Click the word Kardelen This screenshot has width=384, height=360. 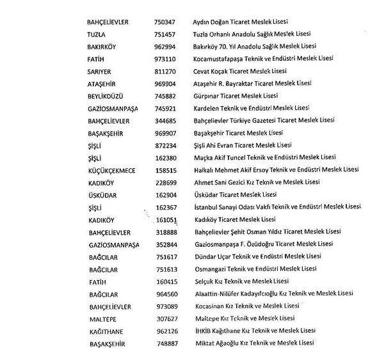point(206,107)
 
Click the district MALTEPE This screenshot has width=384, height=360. point(101,318)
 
